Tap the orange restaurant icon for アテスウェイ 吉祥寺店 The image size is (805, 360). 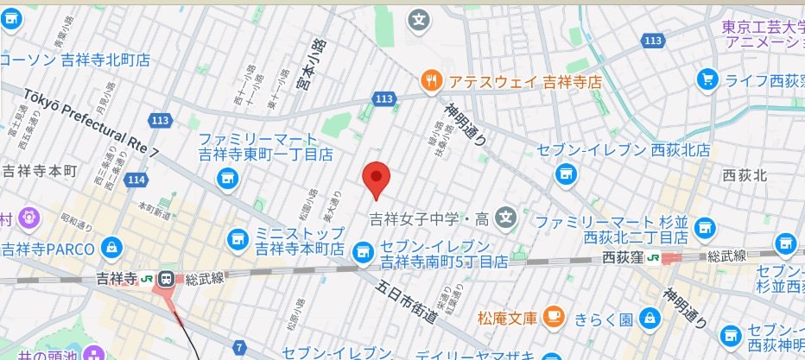tap(431, 82)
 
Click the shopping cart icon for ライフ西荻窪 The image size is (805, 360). tap(707, 80)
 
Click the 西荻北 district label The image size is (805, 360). tap(745, 175)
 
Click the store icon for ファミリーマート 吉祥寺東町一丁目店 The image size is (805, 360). tap(228, 179)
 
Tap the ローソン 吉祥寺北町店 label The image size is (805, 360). tap(75, 60)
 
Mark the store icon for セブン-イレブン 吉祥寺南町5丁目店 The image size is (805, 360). tap(364, 250)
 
